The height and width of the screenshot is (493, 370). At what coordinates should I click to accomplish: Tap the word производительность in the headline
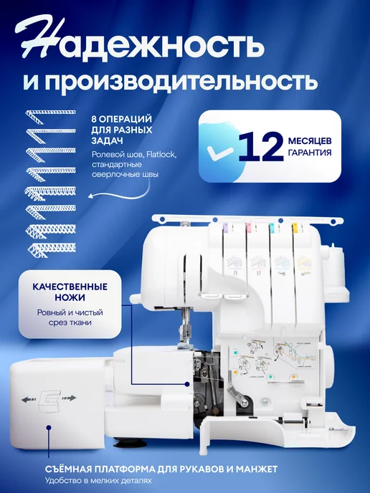pos(181,80)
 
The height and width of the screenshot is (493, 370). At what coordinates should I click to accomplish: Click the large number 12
pos(261,145)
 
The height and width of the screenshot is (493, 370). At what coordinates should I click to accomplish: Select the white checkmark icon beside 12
pos(219,151)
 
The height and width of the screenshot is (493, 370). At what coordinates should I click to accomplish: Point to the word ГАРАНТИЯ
pos(310,153)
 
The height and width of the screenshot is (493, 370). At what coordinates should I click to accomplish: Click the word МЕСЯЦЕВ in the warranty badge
pos(310,141)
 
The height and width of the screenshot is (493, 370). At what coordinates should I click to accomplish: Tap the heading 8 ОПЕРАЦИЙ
pos(122,119)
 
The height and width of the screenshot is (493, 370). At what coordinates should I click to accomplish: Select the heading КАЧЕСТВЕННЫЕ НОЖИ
pos(70,292)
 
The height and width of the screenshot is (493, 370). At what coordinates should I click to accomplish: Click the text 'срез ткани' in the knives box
pos(70,322)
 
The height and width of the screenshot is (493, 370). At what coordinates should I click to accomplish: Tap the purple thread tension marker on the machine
pos(225,226)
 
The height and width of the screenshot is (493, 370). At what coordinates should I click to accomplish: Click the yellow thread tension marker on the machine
pos(295,226)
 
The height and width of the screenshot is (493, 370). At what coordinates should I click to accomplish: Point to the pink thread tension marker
pos(249,226)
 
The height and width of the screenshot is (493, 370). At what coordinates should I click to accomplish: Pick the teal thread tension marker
pos(272,226)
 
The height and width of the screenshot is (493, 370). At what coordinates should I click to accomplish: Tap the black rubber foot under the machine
pos(130,443)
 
